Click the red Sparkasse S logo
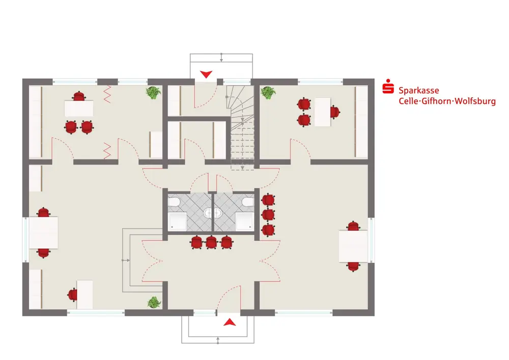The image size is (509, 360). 389,87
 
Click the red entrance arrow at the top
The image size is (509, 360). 206,75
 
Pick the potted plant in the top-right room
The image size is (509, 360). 267,93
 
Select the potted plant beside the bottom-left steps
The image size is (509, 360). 154,302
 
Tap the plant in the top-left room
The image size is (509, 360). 153,92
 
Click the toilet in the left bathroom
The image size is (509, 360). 174,203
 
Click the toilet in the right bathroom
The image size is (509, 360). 248,203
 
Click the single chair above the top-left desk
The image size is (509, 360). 78,96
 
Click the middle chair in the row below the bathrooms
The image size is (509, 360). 211,242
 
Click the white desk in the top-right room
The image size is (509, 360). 322,112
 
